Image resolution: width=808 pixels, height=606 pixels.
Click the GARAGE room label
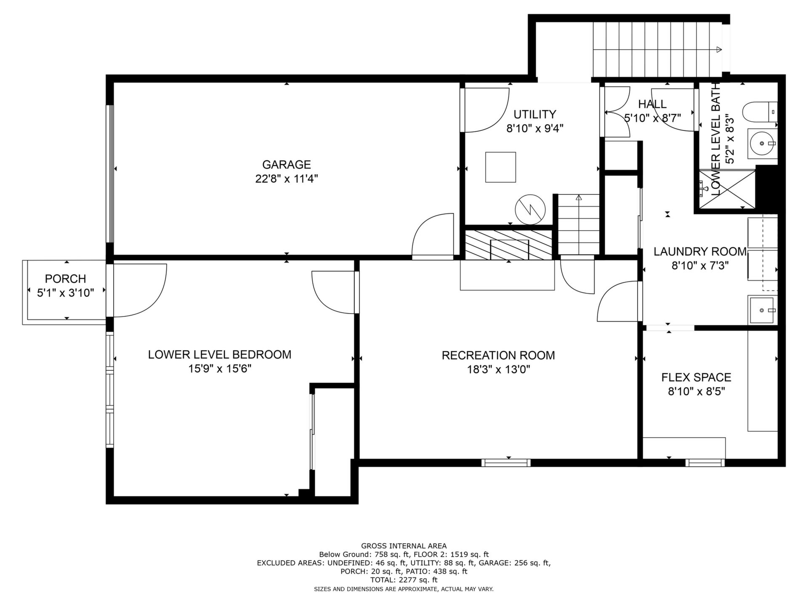(x=286, y=165)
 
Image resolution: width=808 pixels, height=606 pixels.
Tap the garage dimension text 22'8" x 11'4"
(x=286, y=179)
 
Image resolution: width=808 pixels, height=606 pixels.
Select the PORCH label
(x=65, y=279)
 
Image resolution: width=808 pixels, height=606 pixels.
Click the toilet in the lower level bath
(x=760, y=112)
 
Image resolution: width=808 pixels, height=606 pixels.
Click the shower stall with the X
(x=727, y=189)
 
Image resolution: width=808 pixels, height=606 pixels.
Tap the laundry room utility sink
(x=762, y=310)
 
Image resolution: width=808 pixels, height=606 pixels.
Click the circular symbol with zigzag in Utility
(x=530, y=209)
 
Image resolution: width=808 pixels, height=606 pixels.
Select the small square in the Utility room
(x=500, y=167)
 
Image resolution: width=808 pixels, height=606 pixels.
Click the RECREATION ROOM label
(x=498, y=355)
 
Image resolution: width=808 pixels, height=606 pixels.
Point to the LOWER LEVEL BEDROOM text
(x=220, y=354)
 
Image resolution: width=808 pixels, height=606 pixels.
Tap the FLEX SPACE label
(x=696, y=377)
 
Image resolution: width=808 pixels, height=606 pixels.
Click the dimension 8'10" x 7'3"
(x=700, y=266)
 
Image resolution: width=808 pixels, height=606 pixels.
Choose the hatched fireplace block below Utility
(x=508, y=245)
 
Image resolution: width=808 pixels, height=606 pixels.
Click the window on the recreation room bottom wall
(x=506, y=463)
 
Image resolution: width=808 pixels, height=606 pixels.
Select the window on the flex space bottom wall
(x=705, y=463)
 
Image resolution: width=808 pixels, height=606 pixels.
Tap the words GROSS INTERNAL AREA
(x=404, y=546)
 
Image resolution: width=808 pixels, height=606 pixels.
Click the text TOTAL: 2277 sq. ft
(x=404, y=580)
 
